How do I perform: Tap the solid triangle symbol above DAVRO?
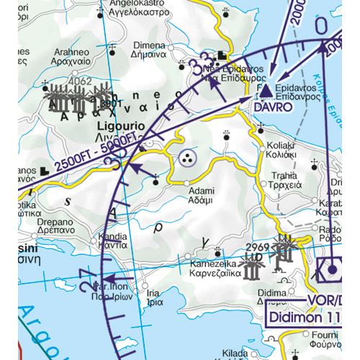click(x=266, y=90)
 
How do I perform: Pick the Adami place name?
click(x=201, y=192)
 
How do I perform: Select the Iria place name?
click(x=153, y=294)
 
